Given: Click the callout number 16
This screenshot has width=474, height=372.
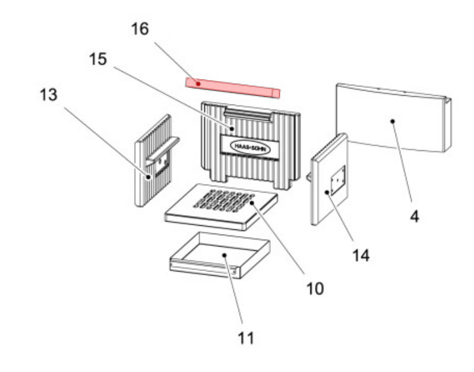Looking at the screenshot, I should [141, 29].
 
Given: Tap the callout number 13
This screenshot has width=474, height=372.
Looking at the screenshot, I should [49, 94].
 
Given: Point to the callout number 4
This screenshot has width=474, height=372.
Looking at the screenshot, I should [415, 217].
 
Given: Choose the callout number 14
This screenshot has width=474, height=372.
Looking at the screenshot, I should [361, 256].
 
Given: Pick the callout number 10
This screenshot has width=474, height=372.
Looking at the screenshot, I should [315, 289].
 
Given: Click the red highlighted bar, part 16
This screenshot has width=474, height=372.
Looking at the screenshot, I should [232, 88].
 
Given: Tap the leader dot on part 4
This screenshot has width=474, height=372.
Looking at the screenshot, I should [393, 121].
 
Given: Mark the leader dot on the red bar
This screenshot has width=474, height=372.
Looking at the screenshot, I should [198, 83].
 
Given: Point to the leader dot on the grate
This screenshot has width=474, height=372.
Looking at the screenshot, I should [252, 203].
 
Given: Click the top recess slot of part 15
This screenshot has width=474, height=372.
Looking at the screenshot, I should [249, 114].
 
